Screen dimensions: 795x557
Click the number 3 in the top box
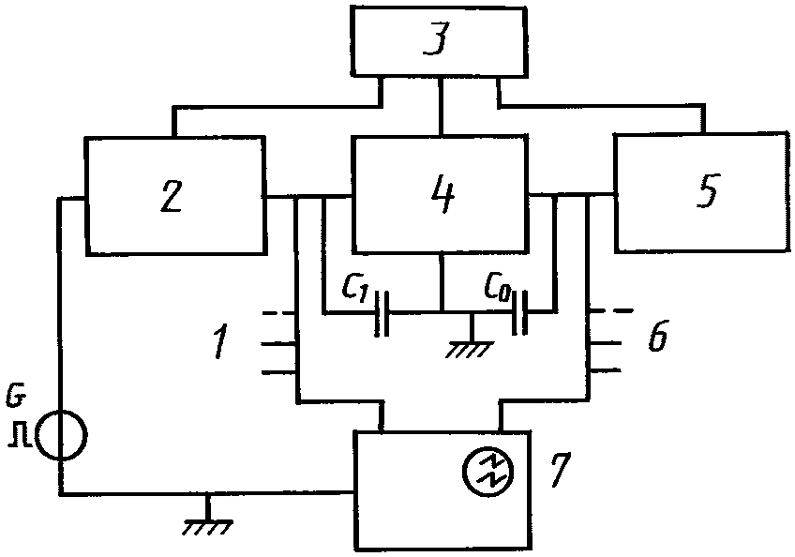pos(437,40)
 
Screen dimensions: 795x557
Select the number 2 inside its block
pos(172,196)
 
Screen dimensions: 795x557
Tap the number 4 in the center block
pos(442,195)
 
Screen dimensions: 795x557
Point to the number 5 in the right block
pos(707,190)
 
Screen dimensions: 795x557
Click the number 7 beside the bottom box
pos(560,469)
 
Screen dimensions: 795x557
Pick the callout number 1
pos(220,341)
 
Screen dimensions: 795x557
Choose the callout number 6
pos(657,336)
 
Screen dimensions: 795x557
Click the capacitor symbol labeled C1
pos(382,313)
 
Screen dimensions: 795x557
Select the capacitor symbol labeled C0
pos(520,312)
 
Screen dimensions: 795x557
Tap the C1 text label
pos(357,288)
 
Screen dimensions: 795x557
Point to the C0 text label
pos(498,287)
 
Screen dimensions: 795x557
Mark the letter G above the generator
pos(14,398)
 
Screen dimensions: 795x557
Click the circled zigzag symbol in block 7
pos(487,470)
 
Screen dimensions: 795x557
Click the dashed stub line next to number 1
pos(277,313)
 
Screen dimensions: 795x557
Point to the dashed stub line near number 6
pos(611,310)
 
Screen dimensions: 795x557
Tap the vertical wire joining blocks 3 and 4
pos(442,107)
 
